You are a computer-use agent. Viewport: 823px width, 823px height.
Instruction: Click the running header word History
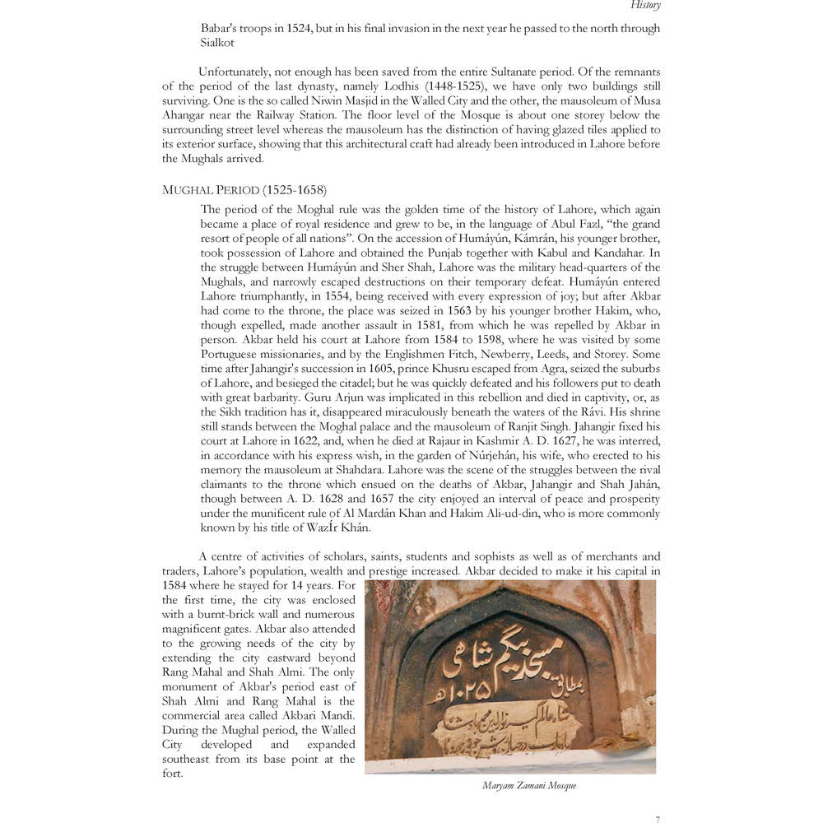point(645,5)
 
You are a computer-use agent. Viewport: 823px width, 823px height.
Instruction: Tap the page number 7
point(657,818)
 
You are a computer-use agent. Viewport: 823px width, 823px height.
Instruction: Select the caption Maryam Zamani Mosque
point(529,786)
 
